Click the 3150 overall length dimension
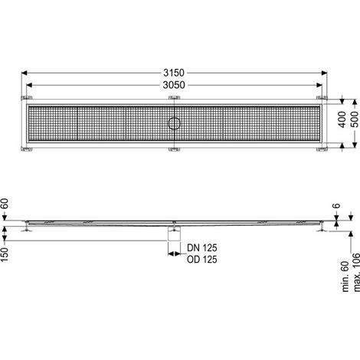pyautogui.click(x=174, y=73)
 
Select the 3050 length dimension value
pyautogui.click(x=174, y=85)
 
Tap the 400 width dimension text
pyautogui.click(x=342, y=119)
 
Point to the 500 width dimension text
pyautogui.click(x=355, y=119)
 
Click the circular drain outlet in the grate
pyautogui.click(x=175, y=123)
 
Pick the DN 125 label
pyautogui.click(x=202, y=247)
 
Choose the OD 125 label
pyautogui.click(x=202, y=260)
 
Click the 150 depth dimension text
pyautogui.click(x=5, y=254)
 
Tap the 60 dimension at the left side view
pyautogui.click(x=5, y=205)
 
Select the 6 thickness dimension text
pyautogui.click(x=337, y=205)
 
